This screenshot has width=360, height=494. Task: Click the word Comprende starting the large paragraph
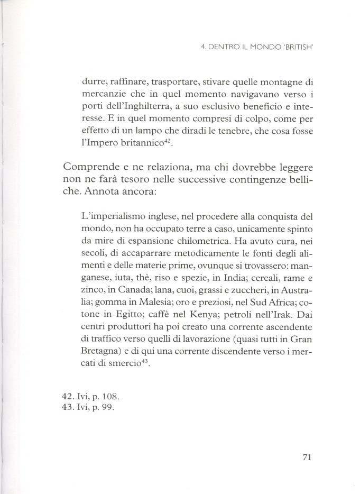[86, 169]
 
